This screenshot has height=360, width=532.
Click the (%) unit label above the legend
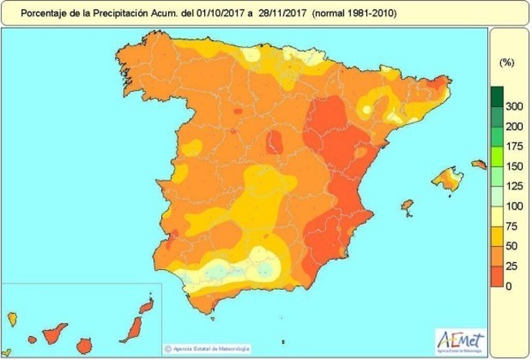point(507,62)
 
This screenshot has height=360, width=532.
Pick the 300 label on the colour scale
point(513,106)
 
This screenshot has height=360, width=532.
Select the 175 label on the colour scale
point(513,146)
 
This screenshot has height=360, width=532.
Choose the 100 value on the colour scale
point(513,206)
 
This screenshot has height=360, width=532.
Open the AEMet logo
point(461,338)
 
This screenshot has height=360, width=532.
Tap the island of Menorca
point(479,163)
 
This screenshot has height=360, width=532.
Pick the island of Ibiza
point(406,207)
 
